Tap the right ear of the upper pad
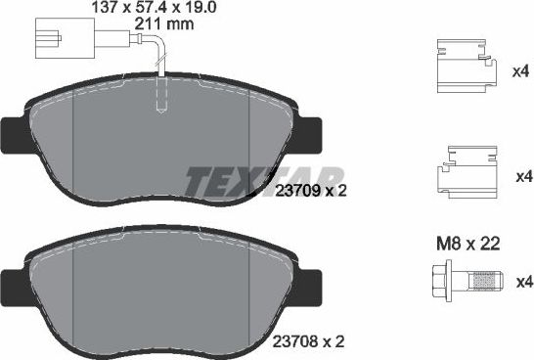tap(312, 132)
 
